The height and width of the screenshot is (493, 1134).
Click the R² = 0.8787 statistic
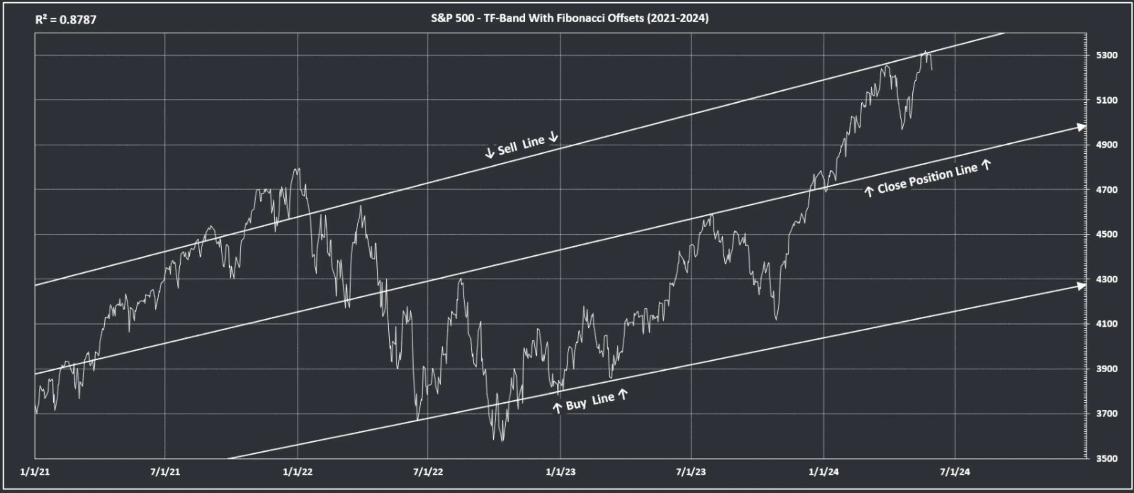click(66, 20)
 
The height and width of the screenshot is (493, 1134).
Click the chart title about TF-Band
click(570, 18)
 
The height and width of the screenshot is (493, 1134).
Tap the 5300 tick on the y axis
click(1107, 56)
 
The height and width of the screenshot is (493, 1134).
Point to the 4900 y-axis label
click(1107, 145)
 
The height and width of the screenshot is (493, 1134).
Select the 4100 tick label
click(1107, 324)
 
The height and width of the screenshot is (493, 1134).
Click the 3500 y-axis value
click(1107, 458)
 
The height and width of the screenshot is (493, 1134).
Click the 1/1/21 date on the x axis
click(35, 472)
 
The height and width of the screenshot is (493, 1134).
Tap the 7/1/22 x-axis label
click(428, 472)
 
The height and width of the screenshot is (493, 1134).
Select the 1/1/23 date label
click(560, 472)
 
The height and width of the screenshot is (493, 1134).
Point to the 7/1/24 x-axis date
click(955, 472)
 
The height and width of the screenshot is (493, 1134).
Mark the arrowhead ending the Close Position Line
click(1081, 127)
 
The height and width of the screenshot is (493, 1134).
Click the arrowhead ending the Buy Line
click(1081, 286)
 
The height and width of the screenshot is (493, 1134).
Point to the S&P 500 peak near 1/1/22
click(298, 168)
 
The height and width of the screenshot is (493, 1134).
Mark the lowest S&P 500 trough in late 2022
click(502, 440)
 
